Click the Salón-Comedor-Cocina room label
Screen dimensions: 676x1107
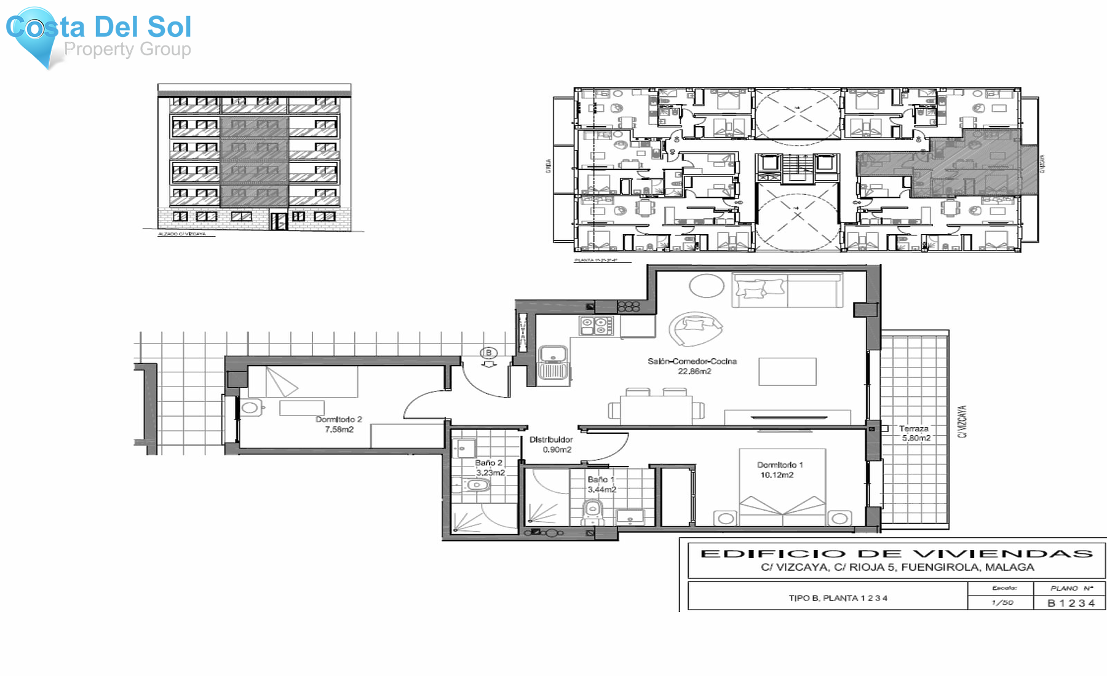[x=692, y=361]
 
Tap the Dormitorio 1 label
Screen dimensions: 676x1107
[x=780, y=465]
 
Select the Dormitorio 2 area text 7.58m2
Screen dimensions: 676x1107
[x=339, y=430]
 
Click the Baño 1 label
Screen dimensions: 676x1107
[x=600, y=479]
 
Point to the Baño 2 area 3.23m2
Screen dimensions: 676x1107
[x=490, y=473]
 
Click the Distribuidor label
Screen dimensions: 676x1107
[x=551, y=439]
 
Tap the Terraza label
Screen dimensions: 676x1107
[x=913, y=429]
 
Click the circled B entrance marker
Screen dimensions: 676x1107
[x=488, y=353]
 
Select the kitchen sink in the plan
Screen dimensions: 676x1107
[x=553, y=362]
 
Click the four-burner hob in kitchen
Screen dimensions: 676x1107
[x=596, y=326]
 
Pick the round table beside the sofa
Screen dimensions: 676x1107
[x=706, y=286]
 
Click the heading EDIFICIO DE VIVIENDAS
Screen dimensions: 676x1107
[x=896, y=554]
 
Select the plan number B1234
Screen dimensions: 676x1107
[x=1071, y=603]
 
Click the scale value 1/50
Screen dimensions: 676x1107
[x=1002, y=603]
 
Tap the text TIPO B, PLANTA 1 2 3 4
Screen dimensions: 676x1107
[x=838, y=598]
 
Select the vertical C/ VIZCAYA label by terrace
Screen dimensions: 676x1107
[x=962, y=422]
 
